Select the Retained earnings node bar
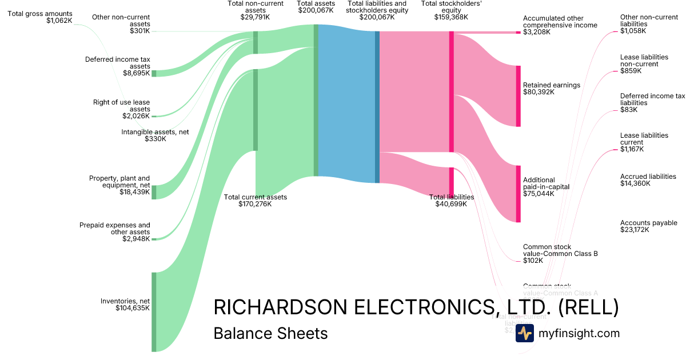pyautogui.click(x=519, y=96)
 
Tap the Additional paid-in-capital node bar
pyautogui.click(x=519, y=194)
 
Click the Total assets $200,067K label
pyautogui.click(x=316, y=7)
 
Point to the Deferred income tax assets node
pyautogui.click(x=154, y=73)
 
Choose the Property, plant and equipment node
pyautogui.click(x=154, y=192)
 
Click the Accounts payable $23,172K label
pyautogui.click(x=648, y=226)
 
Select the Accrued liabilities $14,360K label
pyautogui.click(x=648, y=180)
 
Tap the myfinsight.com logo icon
pyautogui.click(x=524, y=333)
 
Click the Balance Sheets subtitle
pyautogui.click(x=270, y=333)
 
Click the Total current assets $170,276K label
pyautogui.click(x=255, y=201)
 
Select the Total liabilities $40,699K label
pyautogui.click(x=452, y=201)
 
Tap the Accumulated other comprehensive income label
pyautogui.click(x=560, y=25)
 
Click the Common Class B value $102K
pyautogui.click(x=533, y=261)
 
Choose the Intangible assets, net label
pyautogui.click(x=155, y=135)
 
